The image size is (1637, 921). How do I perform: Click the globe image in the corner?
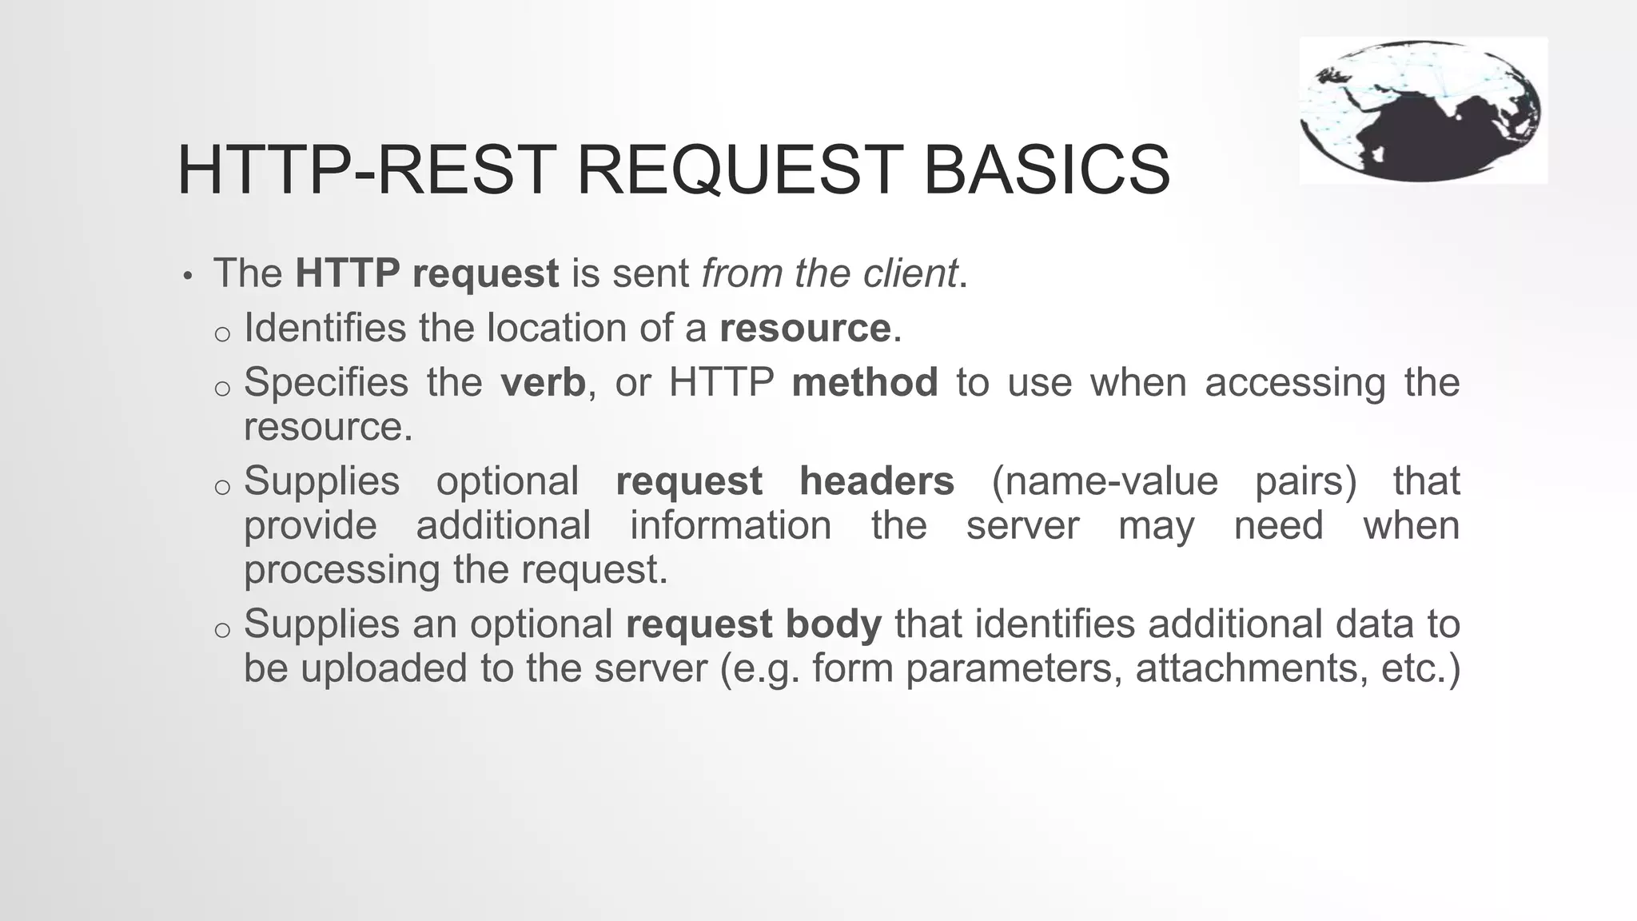coord(1422,110)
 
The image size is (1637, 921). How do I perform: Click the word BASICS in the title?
coord(1046,169)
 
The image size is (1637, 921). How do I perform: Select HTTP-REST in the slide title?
coord(367,169)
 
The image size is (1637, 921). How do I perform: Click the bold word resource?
coord(805,329)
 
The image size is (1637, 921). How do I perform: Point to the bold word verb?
coord(544,383)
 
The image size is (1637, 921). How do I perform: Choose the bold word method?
coord(865,383)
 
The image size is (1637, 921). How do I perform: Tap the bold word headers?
coord(877,481)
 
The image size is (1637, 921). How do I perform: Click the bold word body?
coord(834,624)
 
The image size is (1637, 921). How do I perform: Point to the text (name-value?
coord(1105,481)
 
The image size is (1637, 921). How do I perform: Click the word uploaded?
coord(384,668)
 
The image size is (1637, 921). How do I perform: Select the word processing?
coord(342,571)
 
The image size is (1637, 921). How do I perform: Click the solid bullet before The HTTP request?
coord(187,277)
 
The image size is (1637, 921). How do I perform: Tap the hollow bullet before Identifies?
coord(222,333)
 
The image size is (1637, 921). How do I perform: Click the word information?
coord(731,526)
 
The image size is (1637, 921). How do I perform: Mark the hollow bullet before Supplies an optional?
coord(222,629)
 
